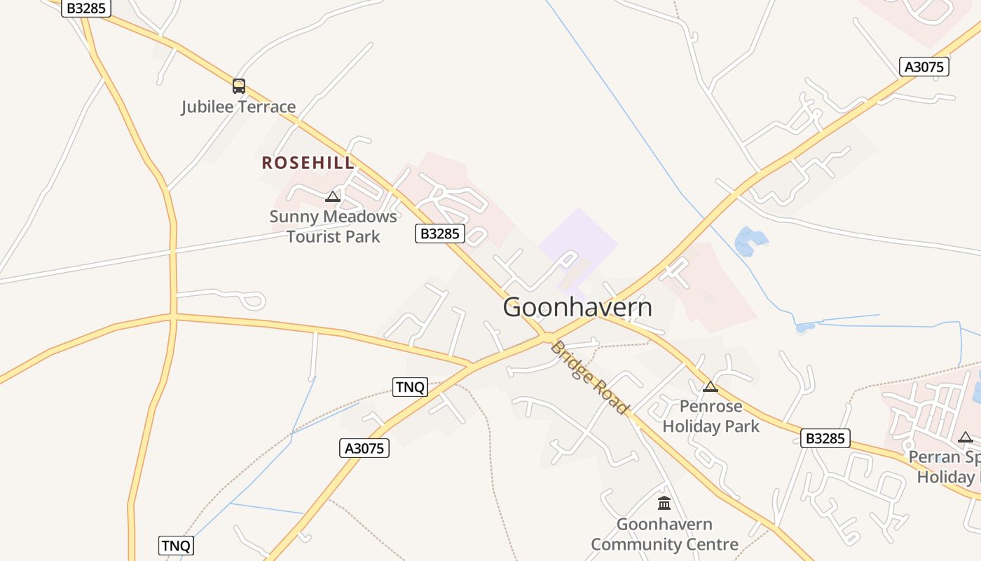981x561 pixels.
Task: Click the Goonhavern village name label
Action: (577, 307)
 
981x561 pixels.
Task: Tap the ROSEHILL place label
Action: (308, 163)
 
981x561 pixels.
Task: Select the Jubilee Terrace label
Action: (238, 107)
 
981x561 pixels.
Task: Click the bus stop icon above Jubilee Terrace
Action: (239, 86)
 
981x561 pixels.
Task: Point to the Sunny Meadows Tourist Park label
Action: (334, 226)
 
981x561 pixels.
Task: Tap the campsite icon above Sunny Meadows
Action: (333, 196)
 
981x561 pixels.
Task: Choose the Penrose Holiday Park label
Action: (711, 416)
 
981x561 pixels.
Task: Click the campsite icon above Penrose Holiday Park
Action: (711, 386)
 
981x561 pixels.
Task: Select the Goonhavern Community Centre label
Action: (664, 534)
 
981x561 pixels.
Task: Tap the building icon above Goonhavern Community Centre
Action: (664, 503)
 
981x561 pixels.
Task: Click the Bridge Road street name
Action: (589, 377)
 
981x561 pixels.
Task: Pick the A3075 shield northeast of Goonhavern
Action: (924, 67)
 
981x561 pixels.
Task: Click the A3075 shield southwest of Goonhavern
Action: (364, 448)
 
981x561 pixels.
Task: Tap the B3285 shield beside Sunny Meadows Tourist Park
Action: (440, 234)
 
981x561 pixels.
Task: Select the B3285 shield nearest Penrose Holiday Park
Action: (825, 439)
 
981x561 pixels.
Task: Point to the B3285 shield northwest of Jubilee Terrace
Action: (86, 8)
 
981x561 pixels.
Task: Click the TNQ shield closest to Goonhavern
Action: (410, 386)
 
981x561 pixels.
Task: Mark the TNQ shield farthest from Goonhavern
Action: (176, 546)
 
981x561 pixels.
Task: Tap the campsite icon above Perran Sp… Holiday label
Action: (966, 438)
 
